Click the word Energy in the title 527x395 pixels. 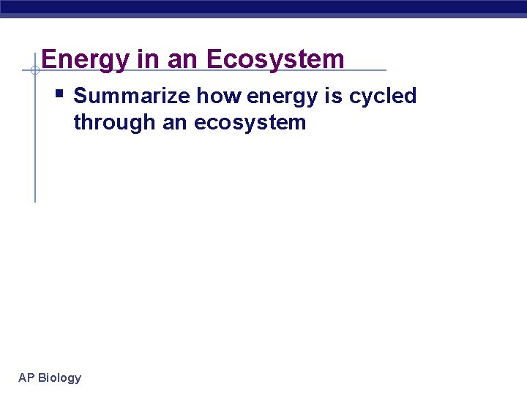click(x=86, y=60)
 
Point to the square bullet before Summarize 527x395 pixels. click(x=59, y=94)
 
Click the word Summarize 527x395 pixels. click(x=132, y=97)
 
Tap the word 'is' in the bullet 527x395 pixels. click(x=333, y=97)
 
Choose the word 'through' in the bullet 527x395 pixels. click(x=115, y=122)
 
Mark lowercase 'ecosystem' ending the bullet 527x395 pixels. click(x=250, y=123)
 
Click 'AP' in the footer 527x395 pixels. click(x=26, y=377)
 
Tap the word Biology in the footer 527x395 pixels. click(x=59, y=378)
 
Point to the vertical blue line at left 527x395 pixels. click(x=34, y=146)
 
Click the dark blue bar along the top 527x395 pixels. click(x=263, y=7)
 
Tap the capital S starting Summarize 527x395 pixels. click(x=81, y=97)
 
